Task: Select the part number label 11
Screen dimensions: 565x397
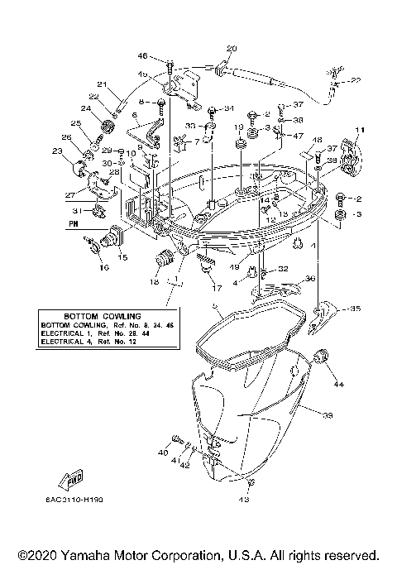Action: (360, 132)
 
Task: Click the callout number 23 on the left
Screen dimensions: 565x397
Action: (56, 151)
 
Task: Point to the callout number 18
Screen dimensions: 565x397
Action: (155, 282)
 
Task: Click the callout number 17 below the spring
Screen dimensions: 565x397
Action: (216, 289)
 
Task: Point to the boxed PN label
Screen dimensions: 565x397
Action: (74, 223)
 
